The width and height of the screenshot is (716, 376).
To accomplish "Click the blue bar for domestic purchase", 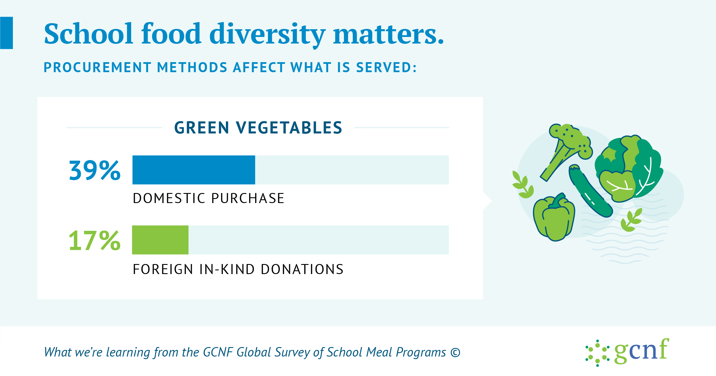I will coord(194,170).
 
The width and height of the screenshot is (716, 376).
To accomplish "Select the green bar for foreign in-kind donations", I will coord(160,240).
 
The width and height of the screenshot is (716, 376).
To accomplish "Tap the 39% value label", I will coord(95,170).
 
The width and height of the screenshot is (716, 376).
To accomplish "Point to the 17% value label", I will coord(95,241).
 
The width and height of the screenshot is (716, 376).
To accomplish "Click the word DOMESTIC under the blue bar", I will coord(169,198).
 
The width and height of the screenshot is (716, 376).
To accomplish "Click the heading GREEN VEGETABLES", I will coord(258,128).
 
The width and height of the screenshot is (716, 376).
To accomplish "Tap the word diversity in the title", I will coord(267,34).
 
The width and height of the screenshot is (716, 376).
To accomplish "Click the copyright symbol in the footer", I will coord(455,353).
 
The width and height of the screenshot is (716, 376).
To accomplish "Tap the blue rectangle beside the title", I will coord(6,33).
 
